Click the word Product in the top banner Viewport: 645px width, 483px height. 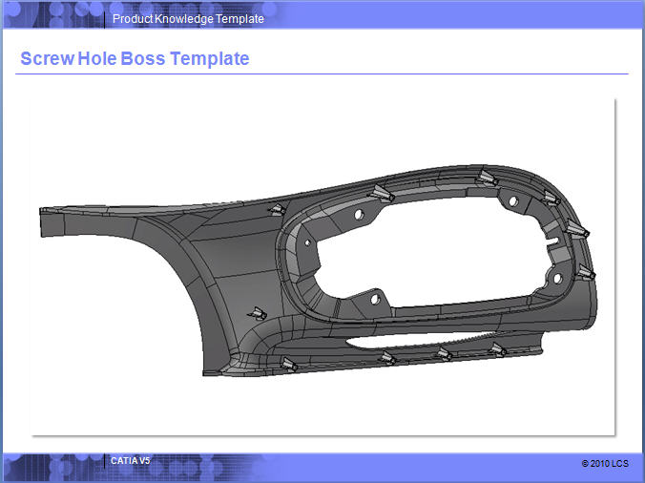(133, 19)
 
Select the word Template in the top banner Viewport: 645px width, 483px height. (239, 19)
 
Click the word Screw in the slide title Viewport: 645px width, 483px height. (48, 58)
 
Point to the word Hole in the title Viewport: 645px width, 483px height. (97, 58)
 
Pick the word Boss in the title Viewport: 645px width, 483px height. (143, 58)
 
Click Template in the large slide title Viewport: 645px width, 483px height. (209, 59)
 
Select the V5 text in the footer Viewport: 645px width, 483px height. (144, 461)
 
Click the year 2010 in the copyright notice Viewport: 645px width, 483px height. (600, 464)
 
